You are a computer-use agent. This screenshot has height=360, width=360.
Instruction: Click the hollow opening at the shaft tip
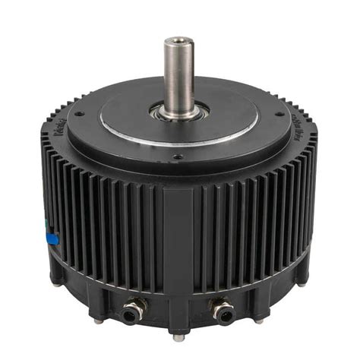point(178,40)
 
